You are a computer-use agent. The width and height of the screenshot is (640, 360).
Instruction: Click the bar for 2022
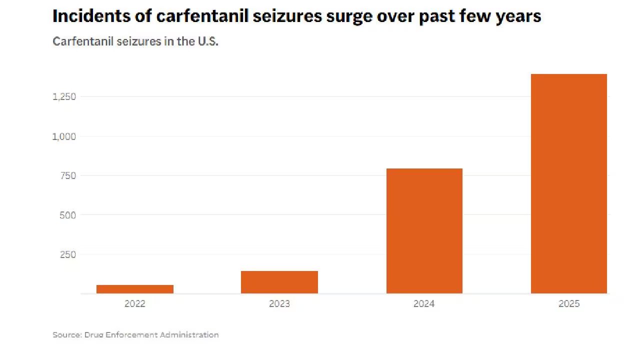tap(134, 289)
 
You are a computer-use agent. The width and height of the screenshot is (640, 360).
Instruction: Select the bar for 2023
tap(279, 282)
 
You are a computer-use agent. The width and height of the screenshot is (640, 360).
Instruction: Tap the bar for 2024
tap(424, 231)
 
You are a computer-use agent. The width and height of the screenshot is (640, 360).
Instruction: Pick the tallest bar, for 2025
tap(568, 183)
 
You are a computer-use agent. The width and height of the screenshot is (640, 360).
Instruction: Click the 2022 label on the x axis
tap(134, 303)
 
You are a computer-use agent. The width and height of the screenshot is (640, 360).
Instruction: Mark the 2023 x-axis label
tap(279, 303)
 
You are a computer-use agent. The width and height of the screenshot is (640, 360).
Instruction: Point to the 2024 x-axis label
tap(424, 303)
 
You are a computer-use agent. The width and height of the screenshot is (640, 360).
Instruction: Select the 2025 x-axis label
tap(568, 303)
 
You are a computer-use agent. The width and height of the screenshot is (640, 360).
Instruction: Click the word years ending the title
tap(519, 16)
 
